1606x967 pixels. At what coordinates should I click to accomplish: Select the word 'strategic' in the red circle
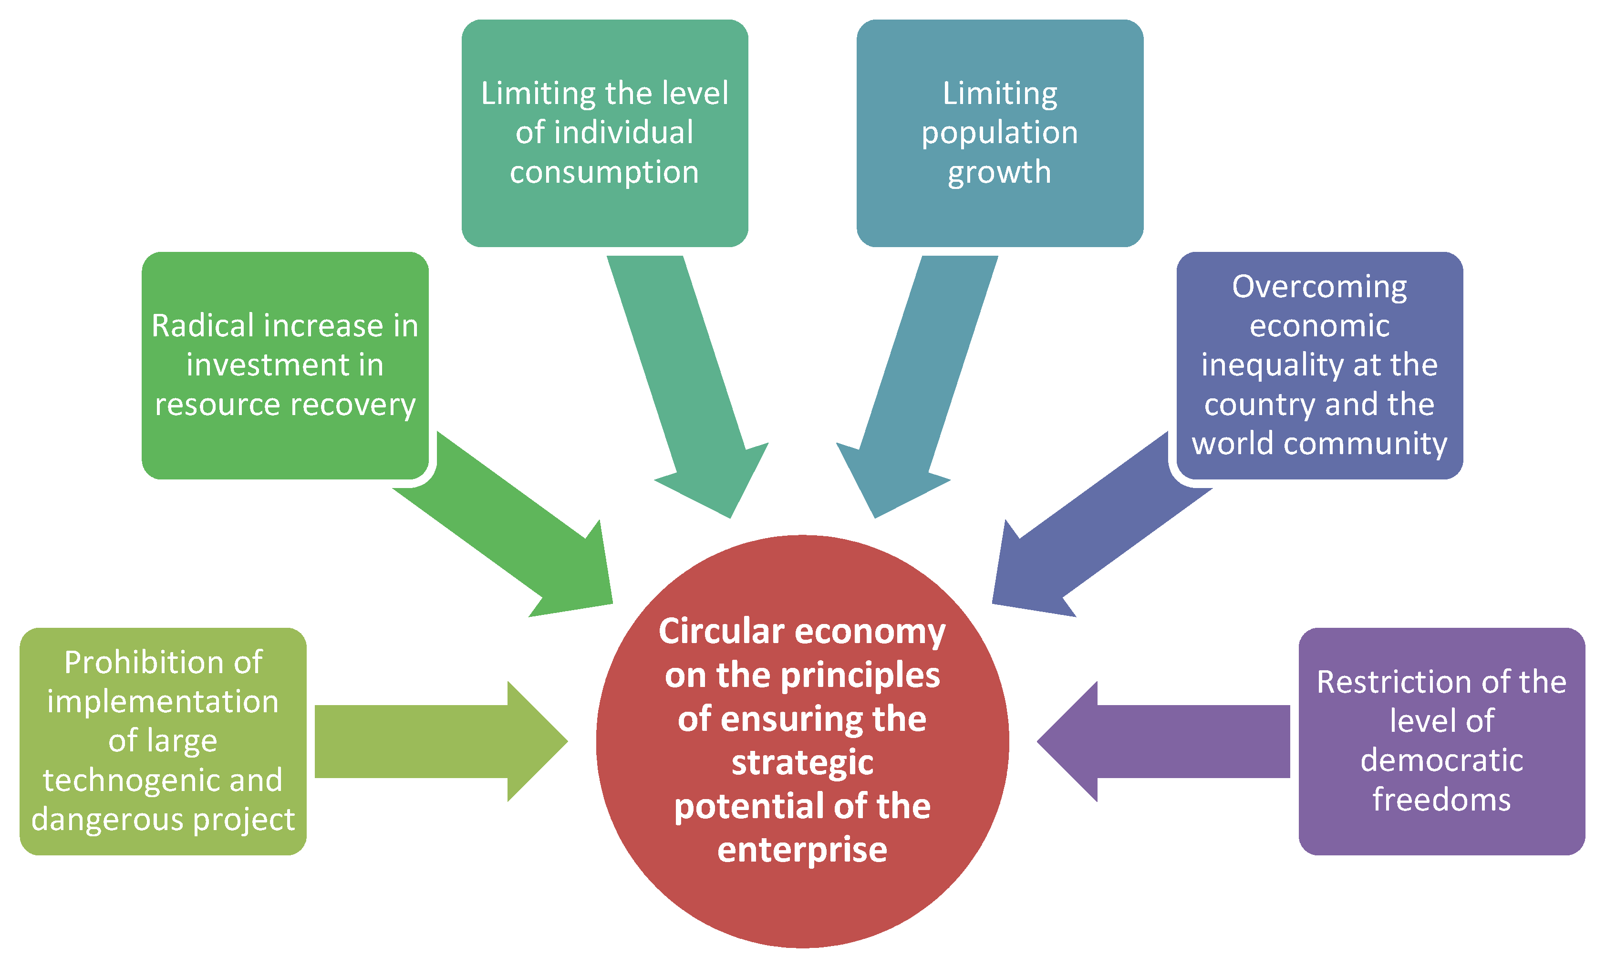[x=802, y=763]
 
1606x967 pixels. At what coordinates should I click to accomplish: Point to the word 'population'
[x=999, y=134]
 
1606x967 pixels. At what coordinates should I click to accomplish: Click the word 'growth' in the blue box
[x=999, y=173]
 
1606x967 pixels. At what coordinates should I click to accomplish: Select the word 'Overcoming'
[x=1319, y=287]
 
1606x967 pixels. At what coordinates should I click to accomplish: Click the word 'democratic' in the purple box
[x=1441, y=760]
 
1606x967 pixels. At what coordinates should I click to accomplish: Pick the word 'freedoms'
[x=1441, y=800]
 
